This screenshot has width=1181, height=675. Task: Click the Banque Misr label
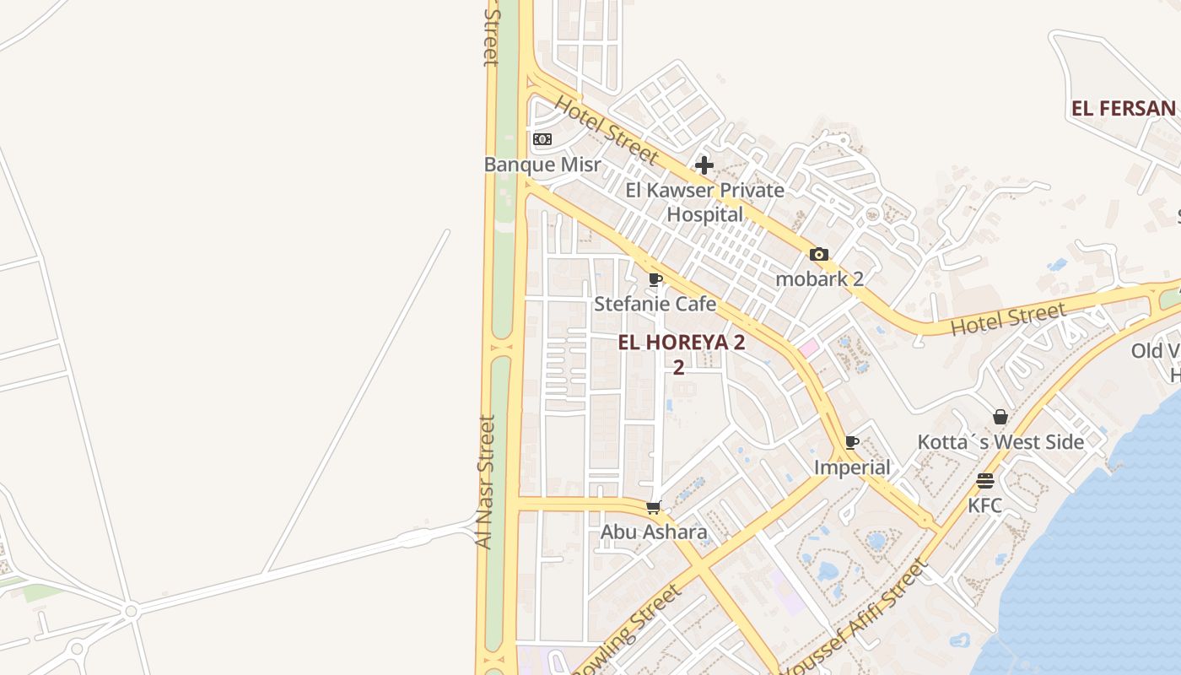pos(542,165)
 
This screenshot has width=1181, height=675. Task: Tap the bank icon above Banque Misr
pos(542,139)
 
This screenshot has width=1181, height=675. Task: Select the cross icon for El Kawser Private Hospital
pos(704,165)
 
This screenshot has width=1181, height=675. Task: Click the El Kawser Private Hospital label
pos(704,202)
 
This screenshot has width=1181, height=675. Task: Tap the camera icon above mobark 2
pos(819,254)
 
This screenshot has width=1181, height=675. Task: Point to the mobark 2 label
pos(819,279)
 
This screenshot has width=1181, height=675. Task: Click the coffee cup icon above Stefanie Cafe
pos(655,279)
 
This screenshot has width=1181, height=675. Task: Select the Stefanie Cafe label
pos(655,304)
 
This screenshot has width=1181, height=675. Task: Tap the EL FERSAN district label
pos(1123,109)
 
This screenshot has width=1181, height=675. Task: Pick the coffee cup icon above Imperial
pos(852,442)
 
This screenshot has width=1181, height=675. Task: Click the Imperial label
pos(852,467)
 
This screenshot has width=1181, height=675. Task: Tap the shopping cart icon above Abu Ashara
pos(653,507)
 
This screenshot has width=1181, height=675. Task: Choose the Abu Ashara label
pos(653,532)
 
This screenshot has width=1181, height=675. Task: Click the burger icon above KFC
pos(985,481)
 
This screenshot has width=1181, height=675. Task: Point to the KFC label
pos(985,505)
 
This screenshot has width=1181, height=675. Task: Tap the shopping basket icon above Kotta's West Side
pos(1000,417)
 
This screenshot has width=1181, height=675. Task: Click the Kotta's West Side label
pos(1000,442)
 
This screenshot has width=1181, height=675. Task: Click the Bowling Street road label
pos(628,629)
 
